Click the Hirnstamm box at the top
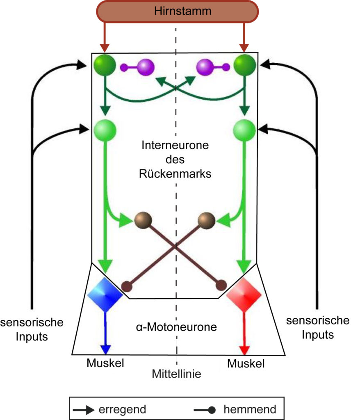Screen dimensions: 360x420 coord(177,11)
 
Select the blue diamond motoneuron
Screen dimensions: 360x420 coord(105,294)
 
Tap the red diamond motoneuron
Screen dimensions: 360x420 coord(244,294)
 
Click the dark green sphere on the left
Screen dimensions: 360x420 coord(105,65)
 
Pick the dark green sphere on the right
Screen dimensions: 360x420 coord(245,65)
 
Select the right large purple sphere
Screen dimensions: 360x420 coord(205,67)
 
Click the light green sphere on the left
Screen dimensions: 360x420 coord(105,130)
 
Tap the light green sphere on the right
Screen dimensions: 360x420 coord(244,130)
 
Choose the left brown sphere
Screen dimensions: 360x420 coord(143,220)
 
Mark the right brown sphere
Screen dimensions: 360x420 coord(207,220)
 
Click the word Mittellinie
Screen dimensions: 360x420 coord(177,374)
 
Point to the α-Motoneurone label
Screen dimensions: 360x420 coord(176,327)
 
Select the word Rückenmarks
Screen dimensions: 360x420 coord(175,174)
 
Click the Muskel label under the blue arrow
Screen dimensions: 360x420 coord(105,363)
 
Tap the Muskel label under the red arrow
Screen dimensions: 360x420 coord(246,364)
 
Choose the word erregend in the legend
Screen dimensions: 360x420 coord(123,409)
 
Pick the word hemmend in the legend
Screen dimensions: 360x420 coord(250,409)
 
